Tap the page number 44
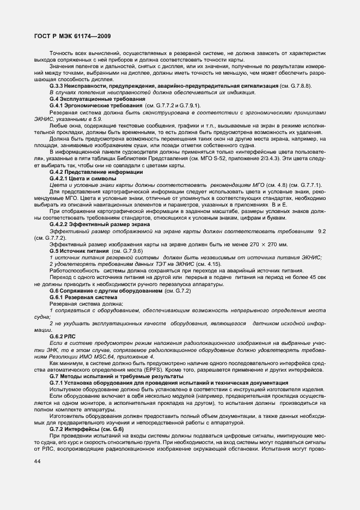[x=37, y=461]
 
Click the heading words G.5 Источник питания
[x=80, y=250]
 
